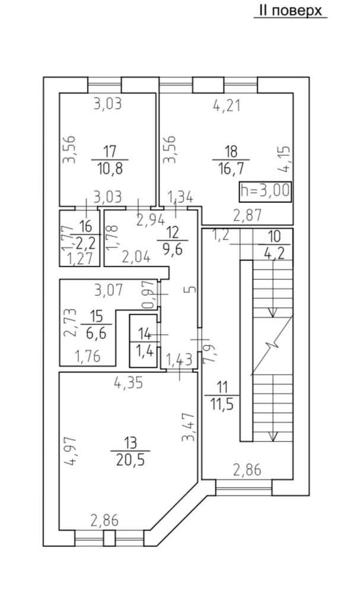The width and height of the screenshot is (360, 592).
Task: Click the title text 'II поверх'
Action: point(290,11)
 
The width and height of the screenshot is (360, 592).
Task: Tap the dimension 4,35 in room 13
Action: point(128,384)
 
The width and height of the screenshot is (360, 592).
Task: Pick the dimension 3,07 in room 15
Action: point(109,291)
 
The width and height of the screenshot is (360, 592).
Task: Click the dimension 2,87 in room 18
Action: point(247,215)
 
